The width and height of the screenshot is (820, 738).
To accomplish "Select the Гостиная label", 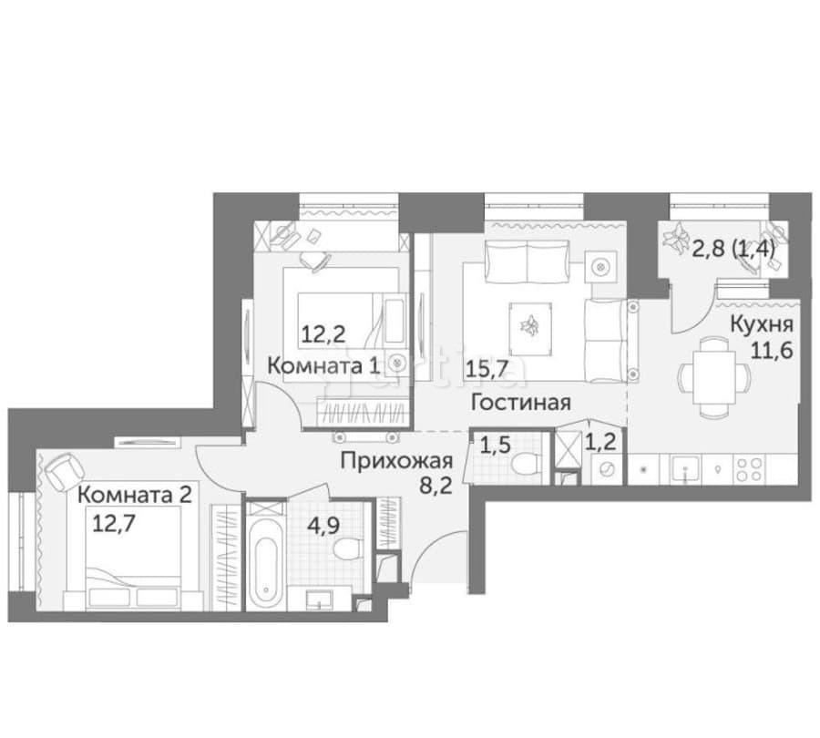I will point(520,403).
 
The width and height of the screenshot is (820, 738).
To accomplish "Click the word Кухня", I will point(760,324).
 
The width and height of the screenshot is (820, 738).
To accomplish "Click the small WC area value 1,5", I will point(494,446).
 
